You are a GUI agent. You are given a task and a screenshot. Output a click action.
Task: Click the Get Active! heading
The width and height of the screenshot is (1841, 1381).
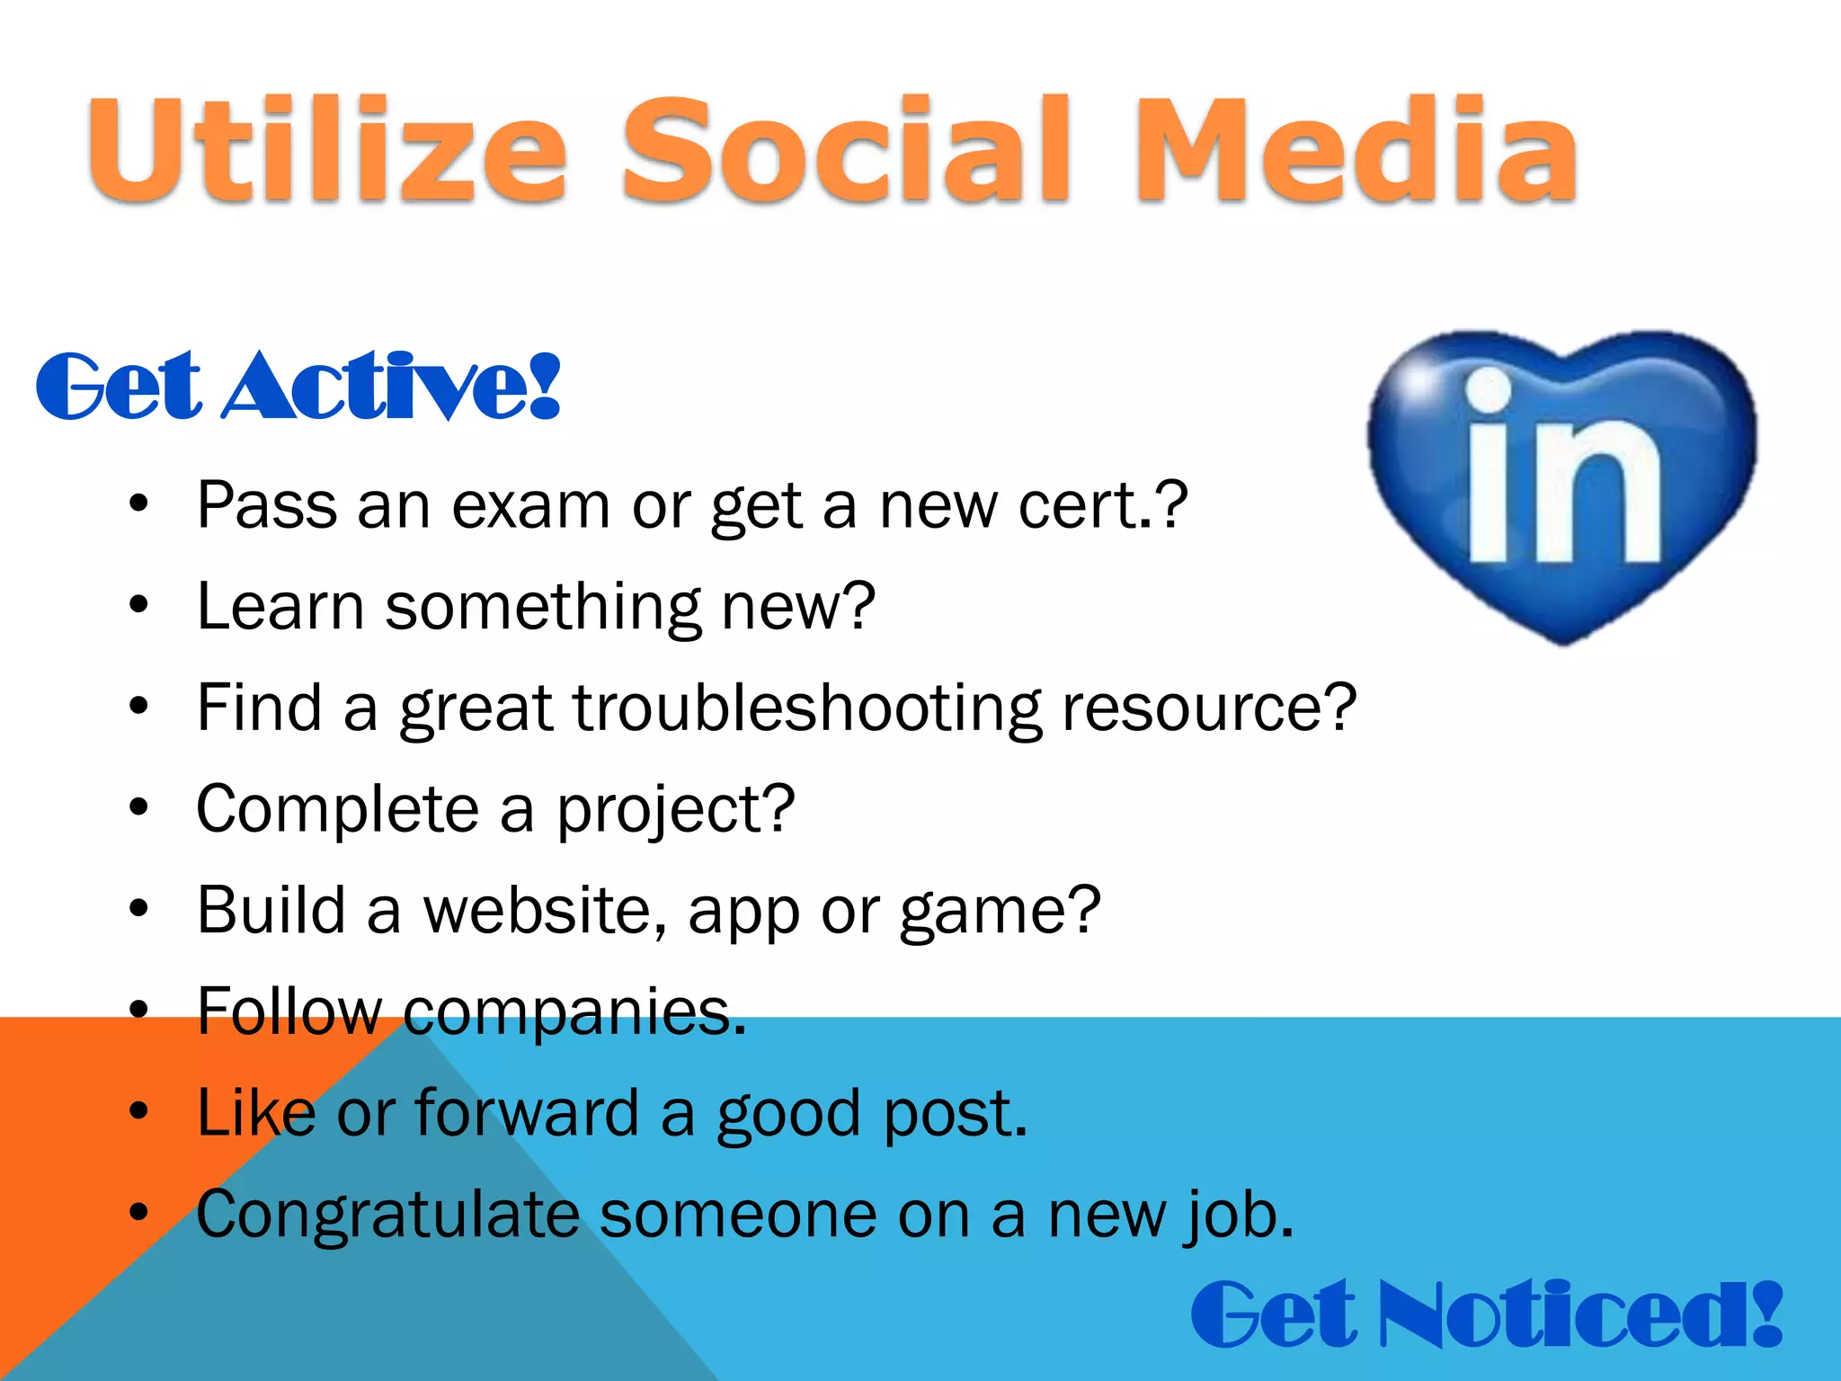298,387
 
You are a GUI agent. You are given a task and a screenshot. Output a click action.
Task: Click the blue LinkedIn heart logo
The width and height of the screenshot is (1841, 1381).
1562,486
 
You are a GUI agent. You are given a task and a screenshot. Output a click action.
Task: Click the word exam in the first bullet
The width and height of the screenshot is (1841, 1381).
530,505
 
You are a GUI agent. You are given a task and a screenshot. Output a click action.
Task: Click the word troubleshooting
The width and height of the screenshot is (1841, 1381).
807,708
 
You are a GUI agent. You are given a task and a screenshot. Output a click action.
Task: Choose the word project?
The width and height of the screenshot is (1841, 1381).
675,810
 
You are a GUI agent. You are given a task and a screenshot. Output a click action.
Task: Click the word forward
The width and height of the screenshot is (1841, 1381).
527,1113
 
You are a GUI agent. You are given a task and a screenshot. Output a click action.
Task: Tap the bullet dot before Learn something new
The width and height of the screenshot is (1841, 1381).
138,606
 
